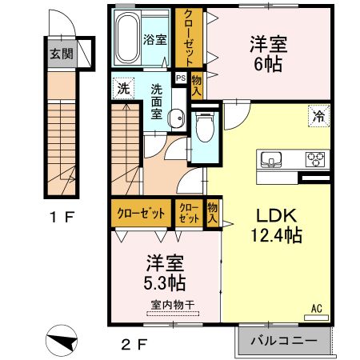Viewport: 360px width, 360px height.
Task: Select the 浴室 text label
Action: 155,39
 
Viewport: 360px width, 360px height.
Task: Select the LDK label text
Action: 277,216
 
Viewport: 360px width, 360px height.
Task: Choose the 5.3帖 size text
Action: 166,282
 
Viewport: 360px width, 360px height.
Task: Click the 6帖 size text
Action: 268,65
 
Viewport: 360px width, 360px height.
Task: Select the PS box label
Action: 181,78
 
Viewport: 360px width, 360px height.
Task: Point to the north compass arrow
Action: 62,339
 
